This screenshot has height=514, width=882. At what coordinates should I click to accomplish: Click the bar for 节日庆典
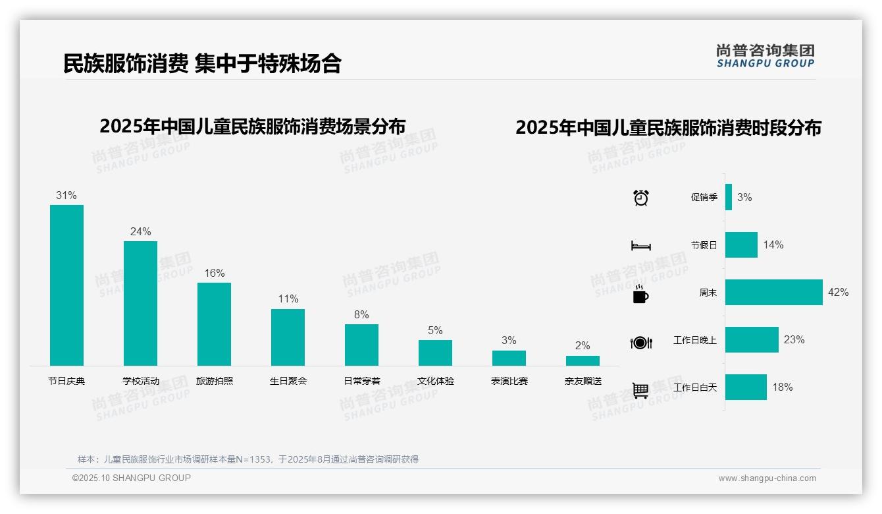click(66, 285)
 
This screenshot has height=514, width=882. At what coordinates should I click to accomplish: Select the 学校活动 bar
click(140, 303)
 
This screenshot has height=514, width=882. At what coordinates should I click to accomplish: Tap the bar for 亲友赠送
click(583, 360)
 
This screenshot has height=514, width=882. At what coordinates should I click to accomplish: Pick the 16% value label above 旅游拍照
click(214, 273)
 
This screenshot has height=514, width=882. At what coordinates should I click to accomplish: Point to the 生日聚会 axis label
click(288, 381)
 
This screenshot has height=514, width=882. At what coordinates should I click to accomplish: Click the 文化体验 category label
click(435, 381)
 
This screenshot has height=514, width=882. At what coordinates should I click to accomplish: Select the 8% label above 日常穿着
click(361, 314)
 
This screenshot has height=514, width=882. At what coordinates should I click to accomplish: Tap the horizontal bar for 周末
click(773, 292)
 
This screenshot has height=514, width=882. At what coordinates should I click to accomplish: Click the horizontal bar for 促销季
click(729, 197)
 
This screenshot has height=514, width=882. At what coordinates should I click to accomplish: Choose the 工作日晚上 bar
click(752, 339)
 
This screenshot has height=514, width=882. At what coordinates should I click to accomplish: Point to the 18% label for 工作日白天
click(783, 387)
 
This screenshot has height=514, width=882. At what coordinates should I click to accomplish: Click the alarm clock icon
click(641, 198)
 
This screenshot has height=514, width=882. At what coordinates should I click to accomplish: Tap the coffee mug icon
click(640, 295)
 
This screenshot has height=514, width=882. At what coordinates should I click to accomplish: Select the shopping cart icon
click(640, 390)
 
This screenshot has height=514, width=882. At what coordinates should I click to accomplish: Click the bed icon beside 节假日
click(640, 246)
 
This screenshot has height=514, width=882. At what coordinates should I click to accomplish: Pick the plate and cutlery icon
click(640, 343)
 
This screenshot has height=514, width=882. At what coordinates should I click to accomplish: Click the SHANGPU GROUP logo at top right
click(765, 56)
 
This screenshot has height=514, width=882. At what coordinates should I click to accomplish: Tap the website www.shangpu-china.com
click(767, 478)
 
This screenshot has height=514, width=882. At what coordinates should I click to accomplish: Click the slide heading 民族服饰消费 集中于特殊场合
click(202, 63)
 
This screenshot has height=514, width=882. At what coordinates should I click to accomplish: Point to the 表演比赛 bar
click(509, 358)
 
